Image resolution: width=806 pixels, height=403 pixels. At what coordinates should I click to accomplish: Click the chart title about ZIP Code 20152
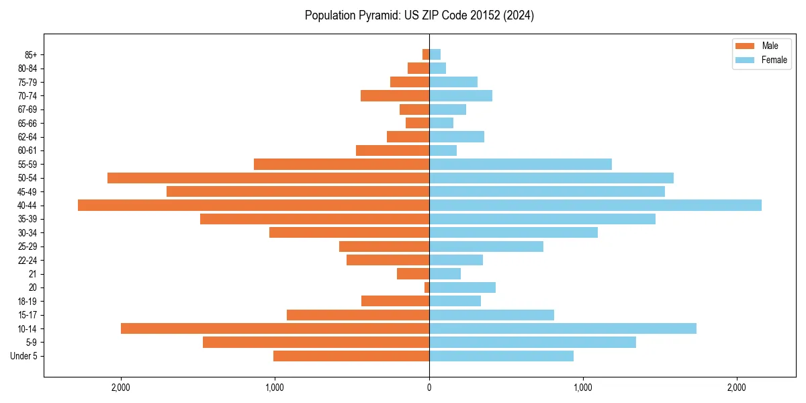coord(419,15)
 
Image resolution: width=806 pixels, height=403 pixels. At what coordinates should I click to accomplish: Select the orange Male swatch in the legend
coord(746,46)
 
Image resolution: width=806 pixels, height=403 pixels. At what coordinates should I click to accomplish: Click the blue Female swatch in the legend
coord(746,60)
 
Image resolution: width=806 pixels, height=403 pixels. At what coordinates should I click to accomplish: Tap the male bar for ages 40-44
coord(253,205)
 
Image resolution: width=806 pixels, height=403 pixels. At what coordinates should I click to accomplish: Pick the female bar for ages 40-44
coord(595,205)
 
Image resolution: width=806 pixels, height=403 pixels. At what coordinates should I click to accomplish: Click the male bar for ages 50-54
coord(268,178)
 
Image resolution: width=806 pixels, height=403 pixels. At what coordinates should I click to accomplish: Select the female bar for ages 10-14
coord(563,328)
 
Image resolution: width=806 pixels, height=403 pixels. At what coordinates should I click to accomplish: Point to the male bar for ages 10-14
coord(275,328)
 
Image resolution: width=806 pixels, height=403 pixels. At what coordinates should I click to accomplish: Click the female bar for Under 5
coord(501,356)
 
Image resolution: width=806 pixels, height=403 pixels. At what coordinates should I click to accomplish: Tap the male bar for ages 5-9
coord(316,342)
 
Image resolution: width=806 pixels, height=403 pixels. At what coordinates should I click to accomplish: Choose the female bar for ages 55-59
coord(521,164)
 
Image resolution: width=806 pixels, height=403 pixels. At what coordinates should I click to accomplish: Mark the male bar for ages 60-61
coord(392,150)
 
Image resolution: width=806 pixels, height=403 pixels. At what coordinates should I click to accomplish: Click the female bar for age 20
coord(462,287)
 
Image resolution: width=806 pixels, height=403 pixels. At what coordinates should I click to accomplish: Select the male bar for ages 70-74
coord(395,95)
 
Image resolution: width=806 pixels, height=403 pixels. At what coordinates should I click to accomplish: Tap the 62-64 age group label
coord(27,136)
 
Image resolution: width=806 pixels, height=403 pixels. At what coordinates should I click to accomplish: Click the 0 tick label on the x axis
coord(429,388)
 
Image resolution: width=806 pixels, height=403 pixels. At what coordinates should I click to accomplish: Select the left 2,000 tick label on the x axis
coord(121,388)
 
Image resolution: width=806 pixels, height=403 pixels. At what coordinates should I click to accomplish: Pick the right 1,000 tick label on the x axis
coord(583,388)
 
